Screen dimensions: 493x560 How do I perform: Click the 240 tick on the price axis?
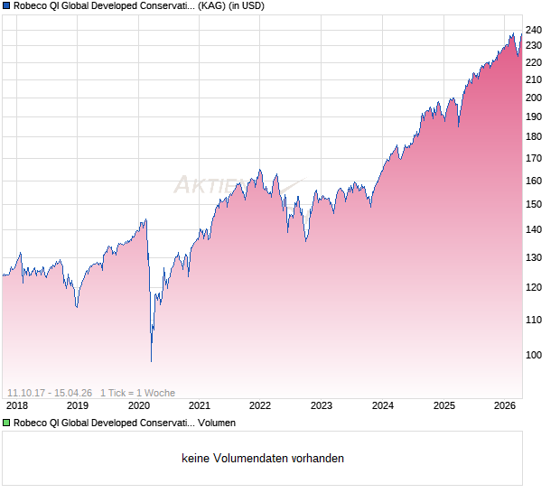click(534, 30)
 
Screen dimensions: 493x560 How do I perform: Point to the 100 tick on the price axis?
click(534, 355)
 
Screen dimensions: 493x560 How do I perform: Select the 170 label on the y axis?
click(534, 158)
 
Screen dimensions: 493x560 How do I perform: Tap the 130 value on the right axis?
click(534, 257)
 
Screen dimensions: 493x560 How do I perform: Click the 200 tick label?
click(534, 98)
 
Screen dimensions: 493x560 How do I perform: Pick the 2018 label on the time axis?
click(16, 405)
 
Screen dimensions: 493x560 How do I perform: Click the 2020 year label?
click(138, 405)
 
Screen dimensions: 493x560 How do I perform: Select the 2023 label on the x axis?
click(322, 405)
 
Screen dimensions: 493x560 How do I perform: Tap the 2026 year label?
click(505, 405)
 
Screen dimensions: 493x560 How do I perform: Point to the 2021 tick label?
click(200, 405)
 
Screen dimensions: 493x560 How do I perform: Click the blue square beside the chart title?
click(5, 6)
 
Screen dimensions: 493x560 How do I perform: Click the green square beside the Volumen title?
click(5, 422)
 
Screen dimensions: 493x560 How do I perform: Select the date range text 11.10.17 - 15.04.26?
click(50, 393)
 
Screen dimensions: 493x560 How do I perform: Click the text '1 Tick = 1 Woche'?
click(137, 393)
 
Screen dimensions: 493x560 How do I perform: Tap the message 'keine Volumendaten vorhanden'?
click(263, 459)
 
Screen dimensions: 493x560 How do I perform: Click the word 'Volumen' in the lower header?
click(217, 422)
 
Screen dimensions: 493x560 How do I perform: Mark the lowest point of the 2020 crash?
click(151, 361)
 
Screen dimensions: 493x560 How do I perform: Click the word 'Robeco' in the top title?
click(33, 6)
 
